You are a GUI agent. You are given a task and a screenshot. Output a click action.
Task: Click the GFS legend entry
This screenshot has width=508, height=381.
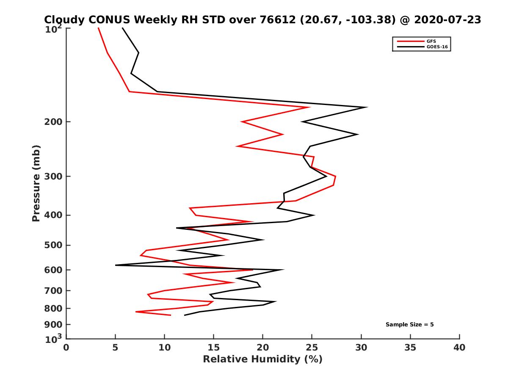(x=432, y=41)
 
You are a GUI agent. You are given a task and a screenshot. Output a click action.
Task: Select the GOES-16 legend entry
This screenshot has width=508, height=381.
(x=436, y=47)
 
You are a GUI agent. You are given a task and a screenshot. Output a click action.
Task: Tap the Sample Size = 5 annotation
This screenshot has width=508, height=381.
(x=409, y=325)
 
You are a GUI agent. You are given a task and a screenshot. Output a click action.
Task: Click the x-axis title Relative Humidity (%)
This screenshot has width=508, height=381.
(x=262, y=359)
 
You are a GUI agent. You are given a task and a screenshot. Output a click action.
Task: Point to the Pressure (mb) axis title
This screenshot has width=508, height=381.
(x=36, y=183)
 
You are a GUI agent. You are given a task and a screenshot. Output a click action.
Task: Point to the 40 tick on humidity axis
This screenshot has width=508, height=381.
(x=459, y=348)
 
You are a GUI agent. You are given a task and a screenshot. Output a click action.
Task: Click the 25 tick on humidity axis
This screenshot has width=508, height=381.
(x=312, y=348)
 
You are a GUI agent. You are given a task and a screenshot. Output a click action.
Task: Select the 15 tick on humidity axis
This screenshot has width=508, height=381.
(x=214, y=348)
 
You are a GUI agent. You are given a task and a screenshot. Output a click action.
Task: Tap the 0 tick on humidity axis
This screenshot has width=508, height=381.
(x=66, y=348)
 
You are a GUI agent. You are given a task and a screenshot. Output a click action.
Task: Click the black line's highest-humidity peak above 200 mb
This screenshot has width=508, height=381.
(x=367, y=107)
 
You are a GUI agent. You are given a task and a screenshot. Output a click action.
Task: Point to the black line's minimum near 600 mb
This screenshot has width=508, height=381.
(x=116, y=265)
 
